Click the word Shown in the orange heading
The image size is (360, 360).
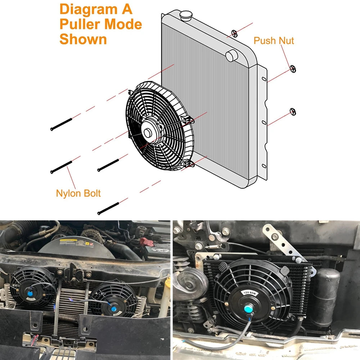[x=83, y=39]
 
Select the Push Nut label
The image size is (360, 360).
[x=274, y=40]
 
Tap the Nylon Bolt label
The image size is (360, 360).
[x=78, y=193]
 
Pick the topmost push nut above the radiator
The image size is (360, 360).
[x=234, y=34]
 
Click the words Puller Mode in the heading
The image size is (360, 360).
[x=100, y=24]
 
